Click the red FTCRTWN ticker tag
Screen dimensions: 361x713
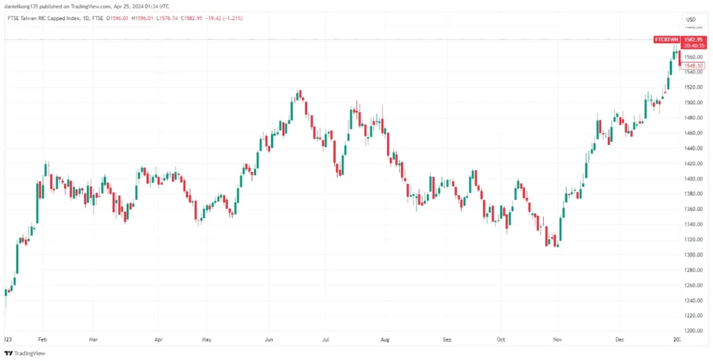tap(666, 40)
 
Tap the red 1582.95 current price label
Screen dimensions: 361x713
tap(691, 40)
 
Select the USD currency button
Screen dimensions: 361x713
tap(691, 19)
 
